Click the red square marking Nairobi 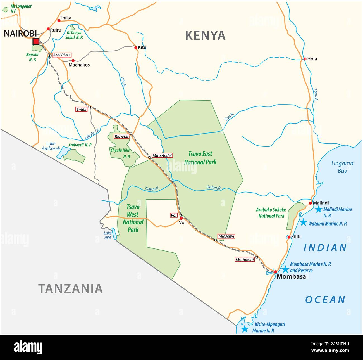point(36,42)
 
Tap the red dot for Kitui point(136,48)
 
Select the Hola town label point(312,59)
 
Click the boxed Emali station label point(82,109)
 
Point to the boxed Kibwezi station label point(121,136)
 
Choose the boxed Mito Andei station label point(162,155)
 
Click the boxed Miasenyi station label point(226,236)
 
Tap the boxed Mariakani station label point(245,259)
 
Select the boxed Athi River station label point(62,55)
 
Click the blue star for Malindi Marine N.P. point(318,209)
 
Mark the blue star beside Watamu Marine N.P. point(303,222)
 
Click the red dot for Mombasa point(275,272)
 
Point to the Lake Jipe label point(108,235)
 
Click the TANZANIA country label point(70,288)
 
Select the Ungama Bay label point(342,167)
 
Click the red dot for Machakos point(73,61)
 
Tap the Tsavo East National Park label point(200,158)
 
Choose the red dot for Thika point(59,21)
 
